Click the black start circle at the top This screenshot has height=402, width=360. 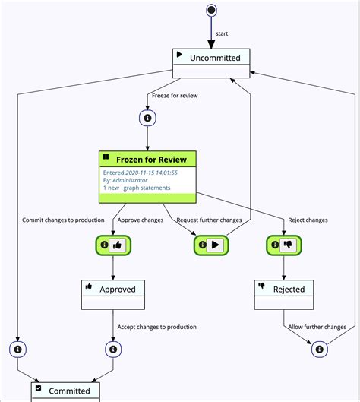[211, 10]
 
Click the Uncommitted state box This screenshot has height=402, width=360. [211, 63]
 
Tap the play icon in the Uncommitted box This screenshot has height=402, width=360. [179, 55]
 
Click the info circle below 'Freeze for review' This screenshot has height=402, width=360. [147, 118]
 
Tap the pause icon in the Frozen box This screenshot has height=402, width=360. [106, 157]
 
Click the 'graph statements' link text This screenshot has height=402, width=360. [147, 188]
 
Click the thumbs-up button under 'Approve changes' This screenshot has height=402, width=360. [117, 245]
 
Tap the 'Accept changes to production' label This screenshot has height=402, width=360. [156, 328]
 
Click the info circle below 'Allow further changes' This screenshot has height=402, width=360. [319, 350]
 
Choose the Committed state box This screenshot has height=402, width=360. [70, 391]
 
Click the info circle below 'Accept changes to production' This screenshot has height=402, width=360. [113, 350]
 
